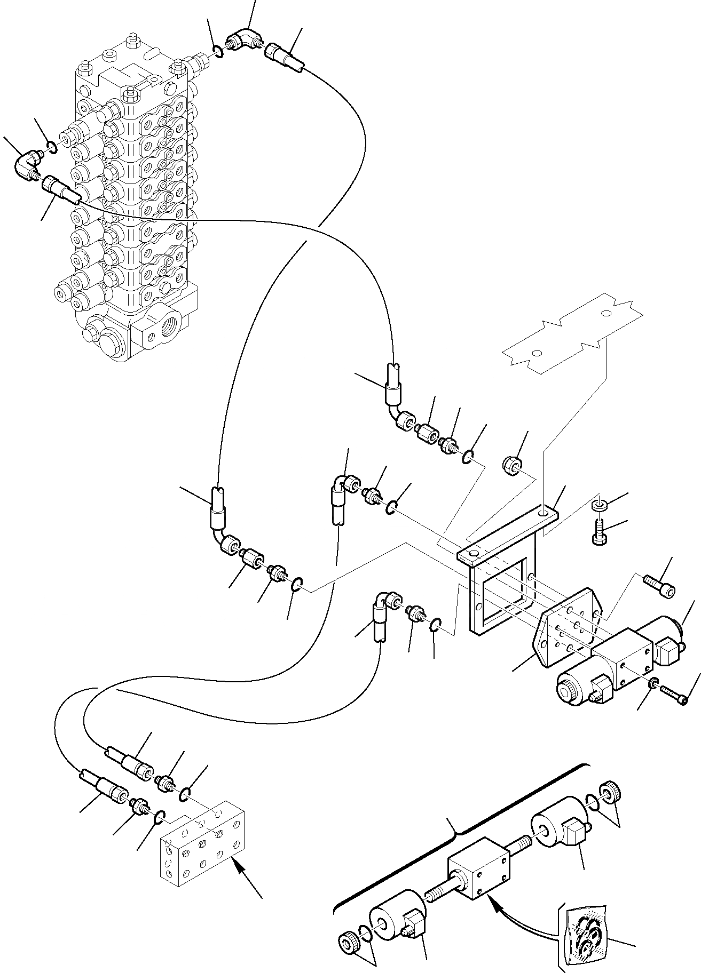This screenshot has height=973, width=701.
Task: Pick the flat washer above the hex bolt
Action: tap(600, 504)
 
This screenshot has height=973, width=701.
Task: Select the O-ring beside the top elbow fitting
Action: tap(217, 51)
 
